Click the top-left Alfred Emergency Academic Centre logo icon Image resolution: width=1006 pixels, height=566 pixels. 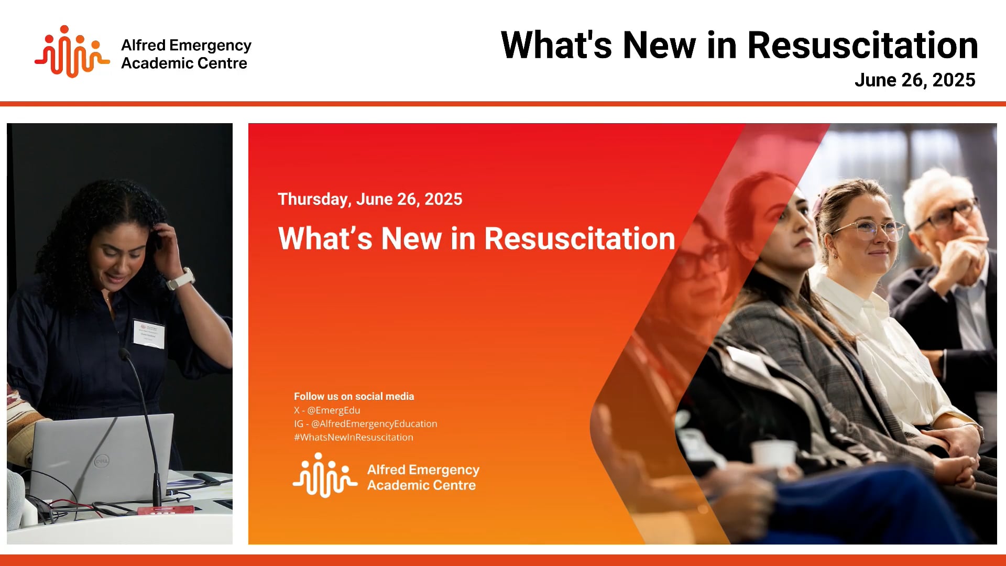[72, 52]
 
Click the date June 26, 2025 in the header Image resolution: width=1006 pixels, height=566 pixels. [914, 80]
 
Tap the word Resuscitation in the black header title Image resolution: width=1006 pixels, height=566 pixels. [862, 46]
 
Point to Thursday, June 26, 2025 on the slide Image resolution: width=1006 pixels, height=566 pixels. [370, 199]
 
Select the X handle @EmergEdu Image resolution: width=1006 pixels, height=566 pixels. [334, 410]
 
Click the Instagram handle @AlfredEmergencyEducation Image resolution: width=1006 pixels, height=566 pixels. [374, 424]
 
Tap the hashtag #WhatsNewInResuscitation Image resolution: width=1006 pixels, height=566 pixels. [354, 438]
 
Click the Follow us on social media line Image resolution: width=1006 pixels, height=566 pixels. [354, 397]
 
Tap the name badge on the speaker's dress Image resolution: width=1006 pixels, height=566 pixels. [149, 333]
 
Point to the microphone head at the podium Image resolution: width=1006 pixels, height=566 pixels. [125, 354]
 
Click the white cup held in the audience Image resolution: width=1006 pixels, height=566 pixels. [773, 453]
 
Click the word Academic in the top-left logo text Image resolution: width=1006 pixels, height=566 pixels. [152, 63]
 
